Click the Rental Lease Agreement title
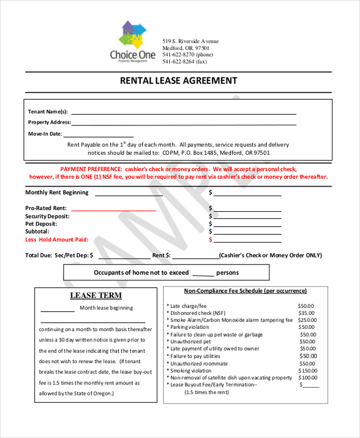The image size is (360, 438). click(179, 80)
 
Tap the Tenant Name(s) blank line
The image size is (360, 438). click(184, 112)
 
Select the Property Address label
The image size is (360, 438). click(49, 122)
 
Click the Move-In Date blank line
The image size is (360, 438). click(99, 136)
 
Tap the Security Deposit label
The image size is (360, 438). click(47, 216)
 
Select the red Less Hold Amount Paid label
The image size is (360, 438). click(56, 239)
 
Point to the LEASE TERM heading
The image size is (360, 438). click(96, 295)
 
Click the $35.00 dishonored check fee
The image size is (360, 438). click(306, 313)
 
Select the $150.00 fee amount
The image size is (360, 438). click(307, 371)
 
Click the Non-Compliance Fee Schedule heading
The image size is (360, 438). click(245, 291)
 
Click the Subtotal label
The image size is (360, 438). click(37, 231)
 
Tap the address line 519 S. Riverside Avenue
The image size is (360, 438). click(191, 41)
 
